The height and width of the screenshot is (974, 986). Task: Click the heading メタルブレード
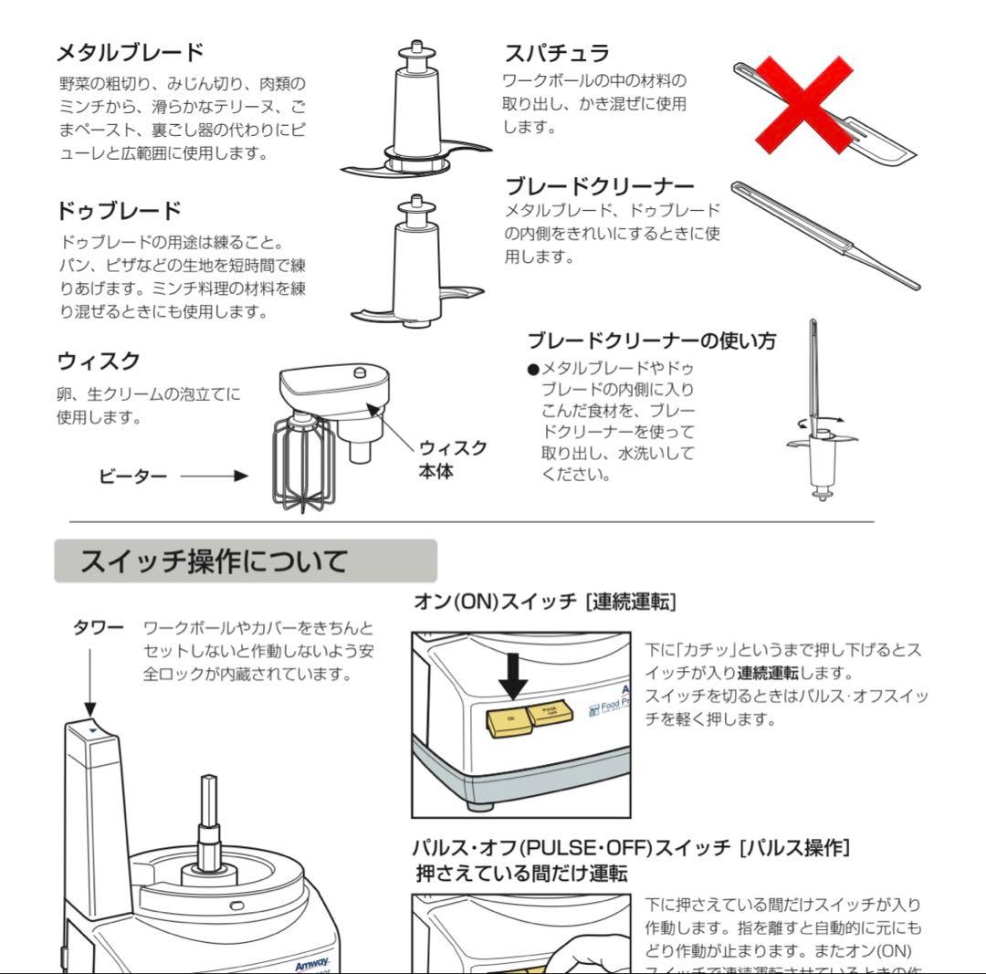click(x=130, y=51)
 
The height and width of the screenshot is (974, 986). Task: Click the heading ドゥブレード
click(x=119, y=211)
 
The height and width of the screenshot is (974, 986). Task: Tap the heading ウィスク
click(x=99, y=361)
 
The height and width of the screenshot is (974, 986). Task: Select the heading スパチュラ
click(x=557, y=52)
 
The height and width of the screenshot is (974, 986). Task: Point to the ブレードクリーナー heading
click(x=600, y=187)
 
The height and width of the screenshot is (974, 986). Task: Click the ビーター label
click(x=132, y=476)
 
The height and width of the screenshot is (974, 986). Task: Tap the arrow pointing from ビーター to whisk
click(x=214, y=476)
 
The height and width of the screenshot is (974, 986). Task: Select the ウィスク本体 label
click(x=452, y=459)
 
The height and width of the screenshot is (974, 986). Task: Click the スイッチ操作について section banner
click(x=245, y=560)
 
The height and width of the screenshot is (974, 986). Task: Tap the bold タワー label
click(x=98, y=628)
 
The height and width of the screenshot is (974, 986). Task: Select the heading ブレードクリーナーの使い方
click(x=652, y=341)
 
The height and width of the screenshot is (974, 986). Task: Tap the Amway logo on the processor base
click(x=311, y=965)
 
